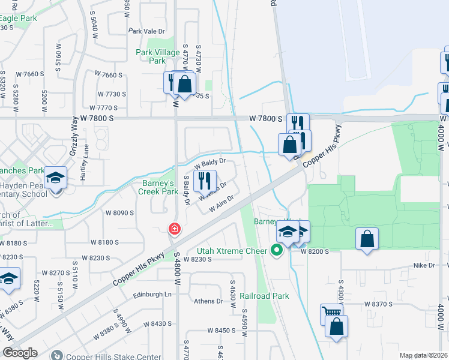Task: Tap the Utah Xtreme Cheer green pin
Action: pyautogui.click(x=277, y=250)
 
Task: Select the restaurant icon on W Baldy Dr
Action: pyautogui.click(x=205, y=181)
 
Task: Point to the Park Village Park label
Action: pyautogui.click(x=158, y=56)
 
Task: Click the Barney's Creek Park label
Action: pyautogui.click(x=158, y=187)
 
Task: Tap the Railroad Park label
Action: pyautogui.click(x=264, y=296)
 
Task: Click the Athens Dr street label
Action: pyautogui.click(x=208, y=301)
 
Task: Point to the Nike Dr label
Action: pyautogui.click(x=423, y=265)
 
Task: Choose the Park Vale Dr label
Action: pyautogui.click(x=146, y=31)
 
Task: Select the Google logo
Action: pyautogui.click(x=20, y=353)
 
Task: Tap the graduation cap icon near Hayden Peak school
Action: pyautogui.click(x=55, y=178)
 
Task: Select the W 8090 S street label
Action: pyautogui.click(x=119, y=212)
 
